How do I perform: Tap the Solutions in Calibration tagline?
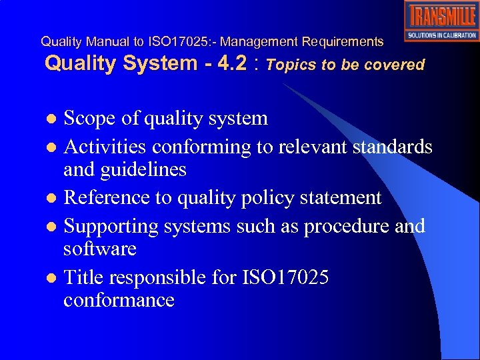click(441, 35)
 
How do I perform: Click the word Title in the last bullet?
click(83, 277)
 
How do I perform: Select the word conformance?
click(119, 301)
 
